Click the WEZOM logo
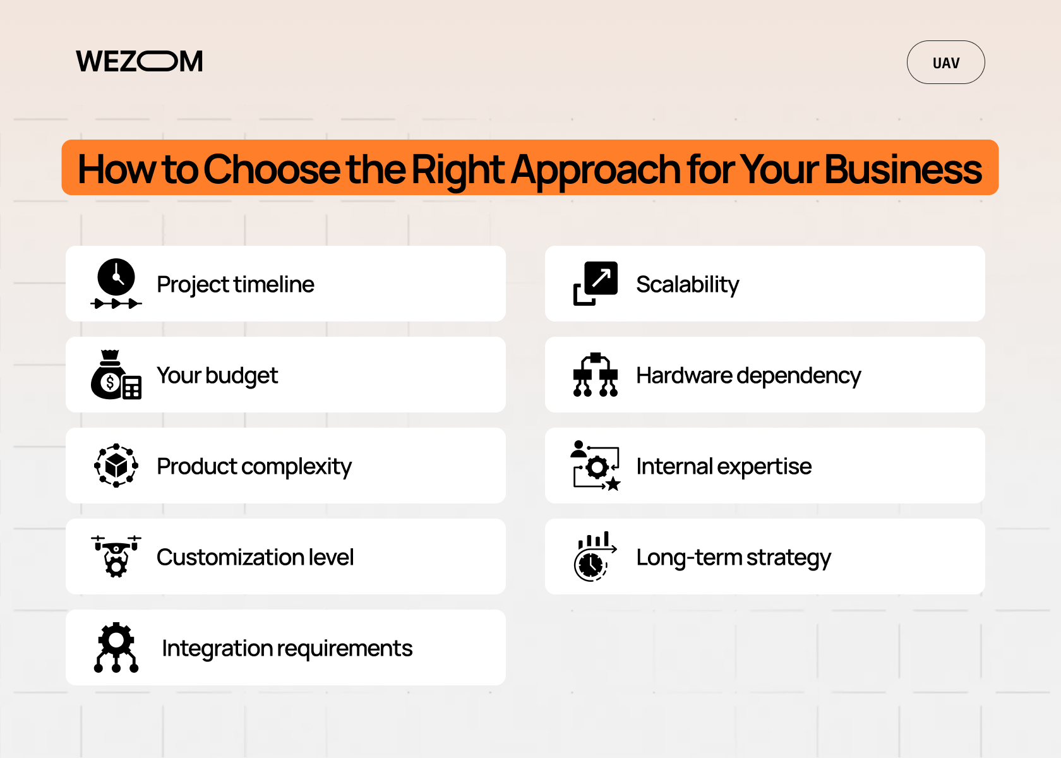140,62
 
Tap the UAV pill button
945,63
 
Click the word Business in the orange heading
903,169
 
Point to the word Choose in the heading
272,169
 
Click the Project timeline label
235,284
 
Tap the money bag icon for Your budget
116,375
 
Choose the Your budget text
217,375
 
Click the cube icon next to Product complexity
116,466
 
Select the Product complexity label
254,466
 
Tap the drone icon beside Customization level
116,556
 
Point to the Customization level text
255,557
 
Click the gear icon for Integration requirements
116,647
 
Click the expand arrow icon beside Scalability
596,283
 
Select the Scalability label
687,284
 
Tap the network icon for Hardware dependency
596,375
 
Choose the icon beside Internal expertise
596,466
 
